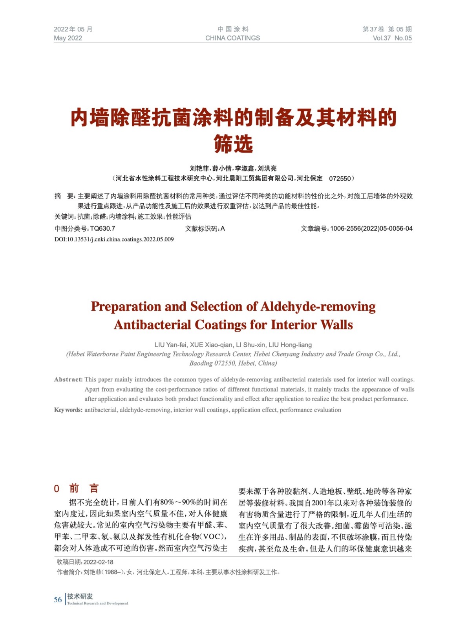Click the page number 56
[x=58, y=600]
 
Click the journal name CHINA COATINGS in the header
[x=232, y=38]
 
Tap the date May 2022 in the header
[x=68, y=38]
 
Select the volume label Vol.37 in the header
[x=382, y=38]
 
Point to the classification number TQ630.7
[x=102, y=229]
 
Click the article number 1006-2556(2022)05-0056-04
[x=371, y=229]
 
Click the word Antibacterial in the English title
[x=153, y=325]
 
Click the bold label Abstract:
[x=68, y=379]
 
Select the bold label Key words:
[x=68, y=410]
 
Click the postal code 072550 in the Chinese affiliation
[x=340, y=178]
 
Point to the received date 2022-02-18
[x=98, y=562]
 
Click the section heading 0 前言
[x=76, y=489]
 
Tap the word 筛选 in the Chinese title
[x=233, y=144]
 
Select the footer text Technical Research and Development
[x=97, y=603]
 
